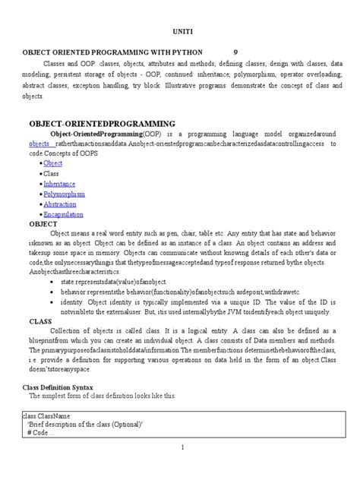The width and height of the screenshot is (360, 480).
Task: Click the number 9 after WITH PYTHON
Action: click(x=235, y=52)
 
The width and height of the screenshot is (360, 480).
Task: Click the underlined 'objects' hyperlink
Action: click(x=40, y=143)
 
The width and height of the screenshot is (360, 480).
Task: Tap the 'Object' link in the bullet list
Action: click(x=53, y=163)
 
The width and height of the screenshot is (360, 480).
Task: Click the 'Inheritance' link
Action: click(x=59, y=183)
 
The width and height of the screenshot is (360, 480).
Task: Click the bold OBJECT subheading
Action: click(x=43, y=224)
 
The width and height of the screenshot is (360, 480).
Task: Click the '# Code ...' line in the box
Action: click(x=46, y=432)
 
